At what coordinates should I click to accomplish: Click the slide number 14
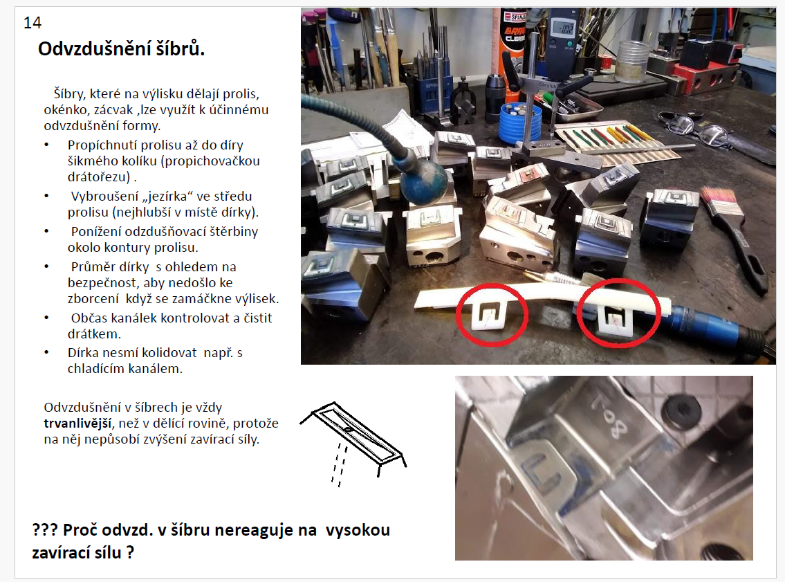tap(33, 23)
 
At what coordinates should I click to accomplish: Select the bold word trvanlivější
tap(77, 424)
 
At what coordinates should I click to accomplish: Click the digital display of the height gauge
tap(562, 28)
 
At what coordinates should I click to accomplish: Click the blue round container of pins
tap(520, 122)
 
